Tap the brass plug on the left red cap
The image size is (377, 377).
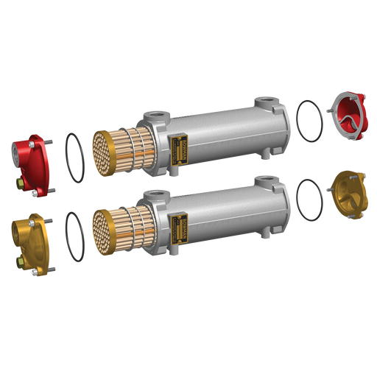coord(18,180)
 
